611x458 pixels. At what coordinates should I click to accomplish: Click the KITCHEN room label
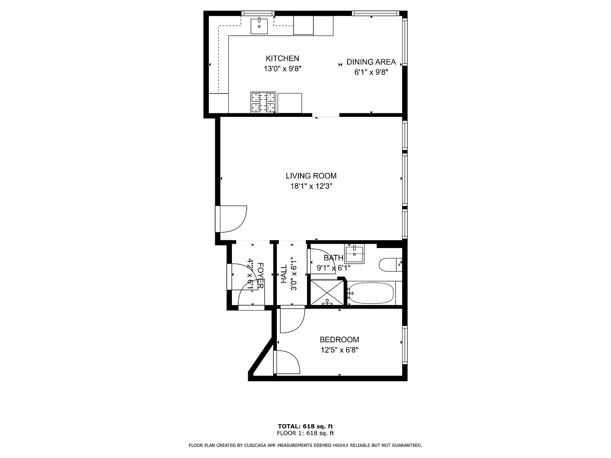click(x=282, y=58)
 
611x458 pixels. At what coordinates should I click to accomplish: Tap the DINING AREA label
click(x=371, y=62)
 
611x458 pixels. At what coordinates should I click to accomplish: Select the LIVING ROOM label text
click(x=311, y=176)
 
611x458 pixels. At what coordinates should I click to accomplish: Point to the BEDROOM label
click(x=339, y=340)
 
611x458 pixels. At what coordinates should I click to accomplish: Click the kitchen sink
click(x=259, y=26)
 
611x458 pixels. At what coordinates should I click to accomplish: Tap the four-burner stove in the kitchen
click(x=263, y=102)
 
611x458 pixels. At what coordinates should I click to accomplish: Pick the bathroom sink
click(x=354, y=254)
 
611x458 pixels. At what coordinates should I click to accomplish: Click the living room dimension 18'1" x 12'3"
click(x=311, y=186)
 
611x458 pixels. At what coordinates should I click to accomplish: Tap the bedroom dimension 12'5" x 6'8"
click(x=339, y=350)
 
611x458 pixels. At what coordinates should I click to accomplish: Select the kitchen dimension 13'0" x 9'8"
click(x=282, y=69)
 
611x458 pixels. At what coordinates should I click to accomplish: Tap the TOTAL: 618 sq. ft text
click(x=305, y=426)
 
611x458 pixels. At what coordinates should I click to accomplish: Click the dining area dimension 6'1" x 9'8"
click(x=371, y=72)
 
